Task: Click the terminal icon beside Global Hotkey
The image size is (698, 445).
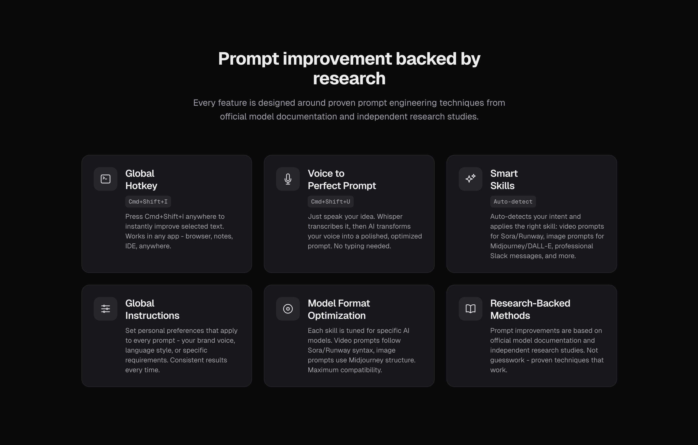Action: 106,179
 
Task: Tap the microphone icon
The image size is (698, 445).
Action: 288,179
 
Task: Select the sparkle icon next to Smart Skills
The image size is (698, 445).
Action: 470,179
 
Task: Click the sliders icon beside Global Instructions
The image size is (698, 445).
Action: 106,309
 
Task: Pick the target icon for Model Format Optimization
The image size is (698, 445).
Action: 288,309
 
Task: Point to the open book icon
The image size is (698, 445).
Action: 470,309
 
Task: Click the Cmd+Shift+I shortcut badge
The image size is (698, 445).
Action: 148,202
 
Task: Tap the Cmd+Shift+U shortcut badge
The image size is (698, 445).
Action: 331,202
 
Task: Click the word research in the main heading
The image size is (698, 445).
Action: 349,78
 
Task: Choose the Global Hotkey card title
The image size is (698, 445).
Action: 141,179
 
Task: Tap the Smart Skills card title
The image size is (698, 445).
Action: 504,179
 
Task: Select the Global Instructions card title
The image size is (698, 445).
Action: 152,309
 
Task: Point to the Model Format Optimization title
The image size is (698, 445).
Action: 339,309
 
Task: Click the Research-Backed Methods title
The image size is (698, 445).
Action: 530,309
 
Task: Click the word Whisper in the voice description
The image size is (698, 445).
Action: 390,217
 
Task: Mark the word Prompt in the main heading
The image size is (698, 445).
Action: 248,59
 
